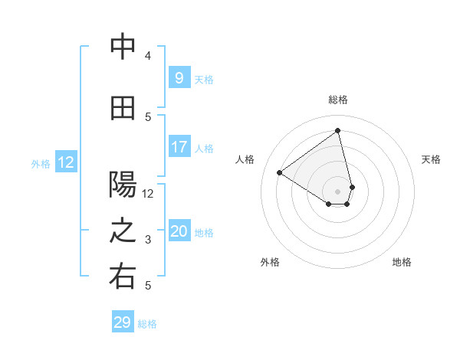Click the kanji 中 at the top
tap(123, 47)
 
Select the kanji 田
tap(123, 109)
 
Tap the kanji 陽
tap(123, 185)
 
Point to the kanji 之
tap(123, 232)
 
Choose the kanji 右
tap(123, 277)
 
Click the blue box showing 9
tap(179, 78)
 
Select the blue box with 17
tap(179, 147)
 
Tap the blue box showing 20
tap(179, 232)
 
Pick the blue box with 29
tap(123, 322)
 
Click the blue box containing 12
tap(65, 162)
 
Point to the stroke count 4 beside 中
tap(148, 56)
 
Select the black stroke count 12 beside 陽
tap(148, 194)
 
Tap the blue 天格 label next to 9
tap(204, 79)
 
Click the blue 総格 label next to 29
tap(147, 324)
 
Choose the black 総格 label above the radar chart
tap(338, 100)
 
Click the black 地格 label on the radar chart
tap(402, 262)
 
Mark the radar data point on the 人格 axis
tap(280, 173)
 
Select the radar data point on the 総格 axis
tap(337, 131)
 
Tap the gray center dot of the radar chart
tap(337, 191)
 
